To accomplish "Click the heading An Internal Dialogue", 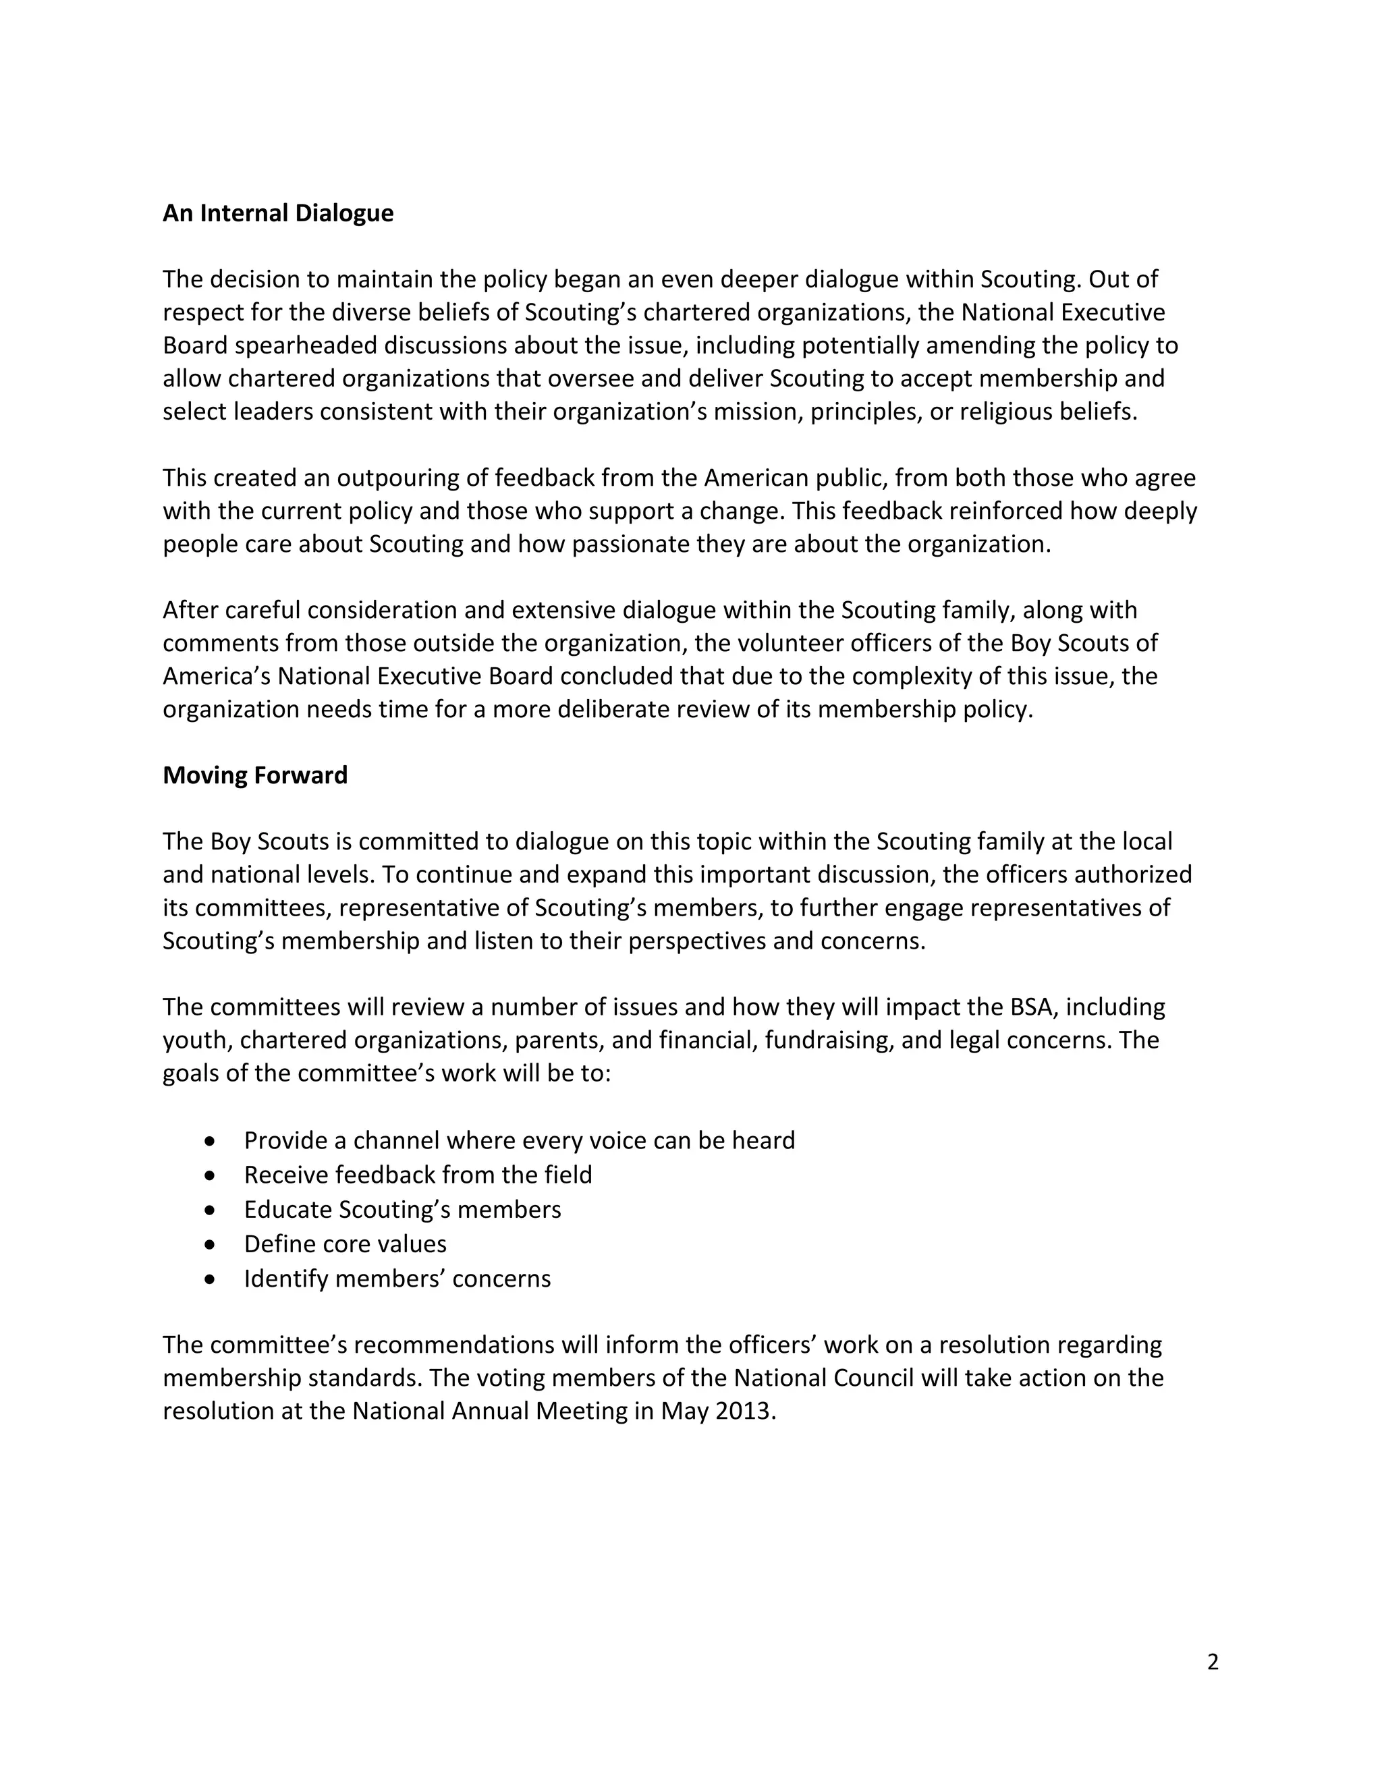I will coord(277,213).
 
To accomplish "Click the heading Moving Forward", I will coord(254,775).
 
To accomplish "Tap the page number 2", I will coord(1213,1661).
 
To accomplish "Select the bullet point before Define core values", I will coord(211,1244).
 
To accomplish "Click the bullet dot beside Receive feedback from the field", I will coord(211,1175).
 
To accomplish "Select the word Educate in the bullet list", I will coord(288,1210).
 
